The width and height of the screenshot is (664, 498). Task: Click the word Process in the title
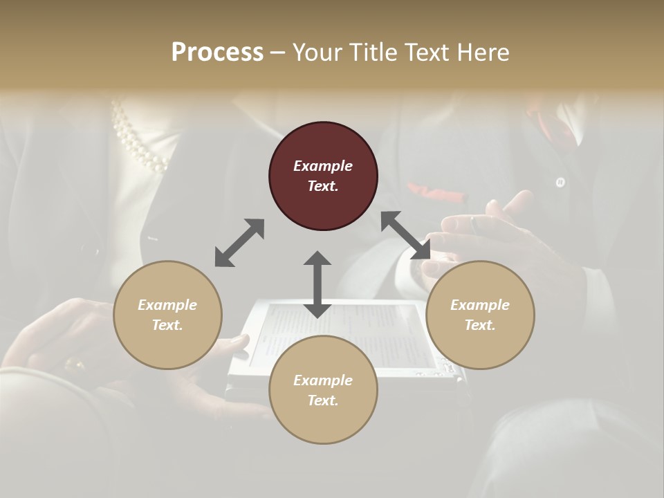click(x=217, y=53)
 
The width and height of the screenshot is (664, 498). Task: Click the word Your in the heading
click(x=317, y=53)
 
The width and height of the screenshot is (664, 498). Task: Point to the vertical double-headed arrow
click(x=317, y=284)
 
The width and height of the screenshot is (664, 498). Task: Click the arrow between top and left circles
click(x=239, y=243)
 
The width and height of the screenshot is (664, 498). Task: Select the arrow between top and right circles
click(x=405, y=236)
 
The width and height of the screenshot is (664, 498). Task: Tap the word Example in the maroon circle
click(x=323, y=166)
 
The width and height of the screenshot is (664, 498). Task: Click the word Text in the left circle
click(x=167, y=325)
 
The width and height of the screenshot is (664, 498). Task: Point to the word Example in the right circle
click(x=480, y=305)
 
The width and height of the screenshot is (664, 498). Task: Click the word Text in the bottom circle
click(x=323, y=400)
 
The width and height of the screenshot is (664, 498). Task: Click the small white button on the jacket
click(x=560, y=183)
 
